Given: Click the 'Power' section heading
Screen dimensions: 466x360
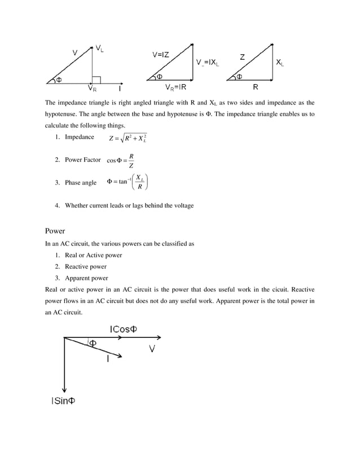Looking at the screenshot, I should point(55,231).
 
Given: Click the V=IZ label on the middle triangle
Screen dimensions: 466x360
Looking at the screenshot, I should point(163,55).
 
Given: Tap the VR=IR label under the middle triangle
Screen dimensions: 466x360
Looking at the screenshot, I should point(176,88).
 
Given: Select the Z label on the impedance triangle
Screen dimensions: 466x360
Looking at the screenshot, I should point(242,56).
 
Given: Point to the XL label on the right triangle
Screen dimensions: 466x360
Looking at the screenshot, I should point(279,64).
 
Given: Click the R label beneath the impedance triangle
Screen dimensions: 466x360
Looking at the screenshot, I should point(256,87).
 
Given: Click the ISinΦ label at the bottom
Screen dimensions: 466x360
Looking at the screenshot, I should point(63,401).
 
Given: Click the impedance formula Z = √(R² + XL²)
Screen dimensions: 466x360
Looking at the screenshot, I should point(128,139).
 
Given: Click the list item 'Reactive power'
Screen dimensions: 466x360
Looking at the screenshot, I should point(85,266).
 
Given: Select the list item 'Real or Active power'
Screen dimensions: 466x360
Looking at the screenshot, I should point(93,255).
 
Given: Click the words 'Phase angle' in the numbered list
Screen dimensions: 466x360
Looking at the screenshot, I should point(81,182).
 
